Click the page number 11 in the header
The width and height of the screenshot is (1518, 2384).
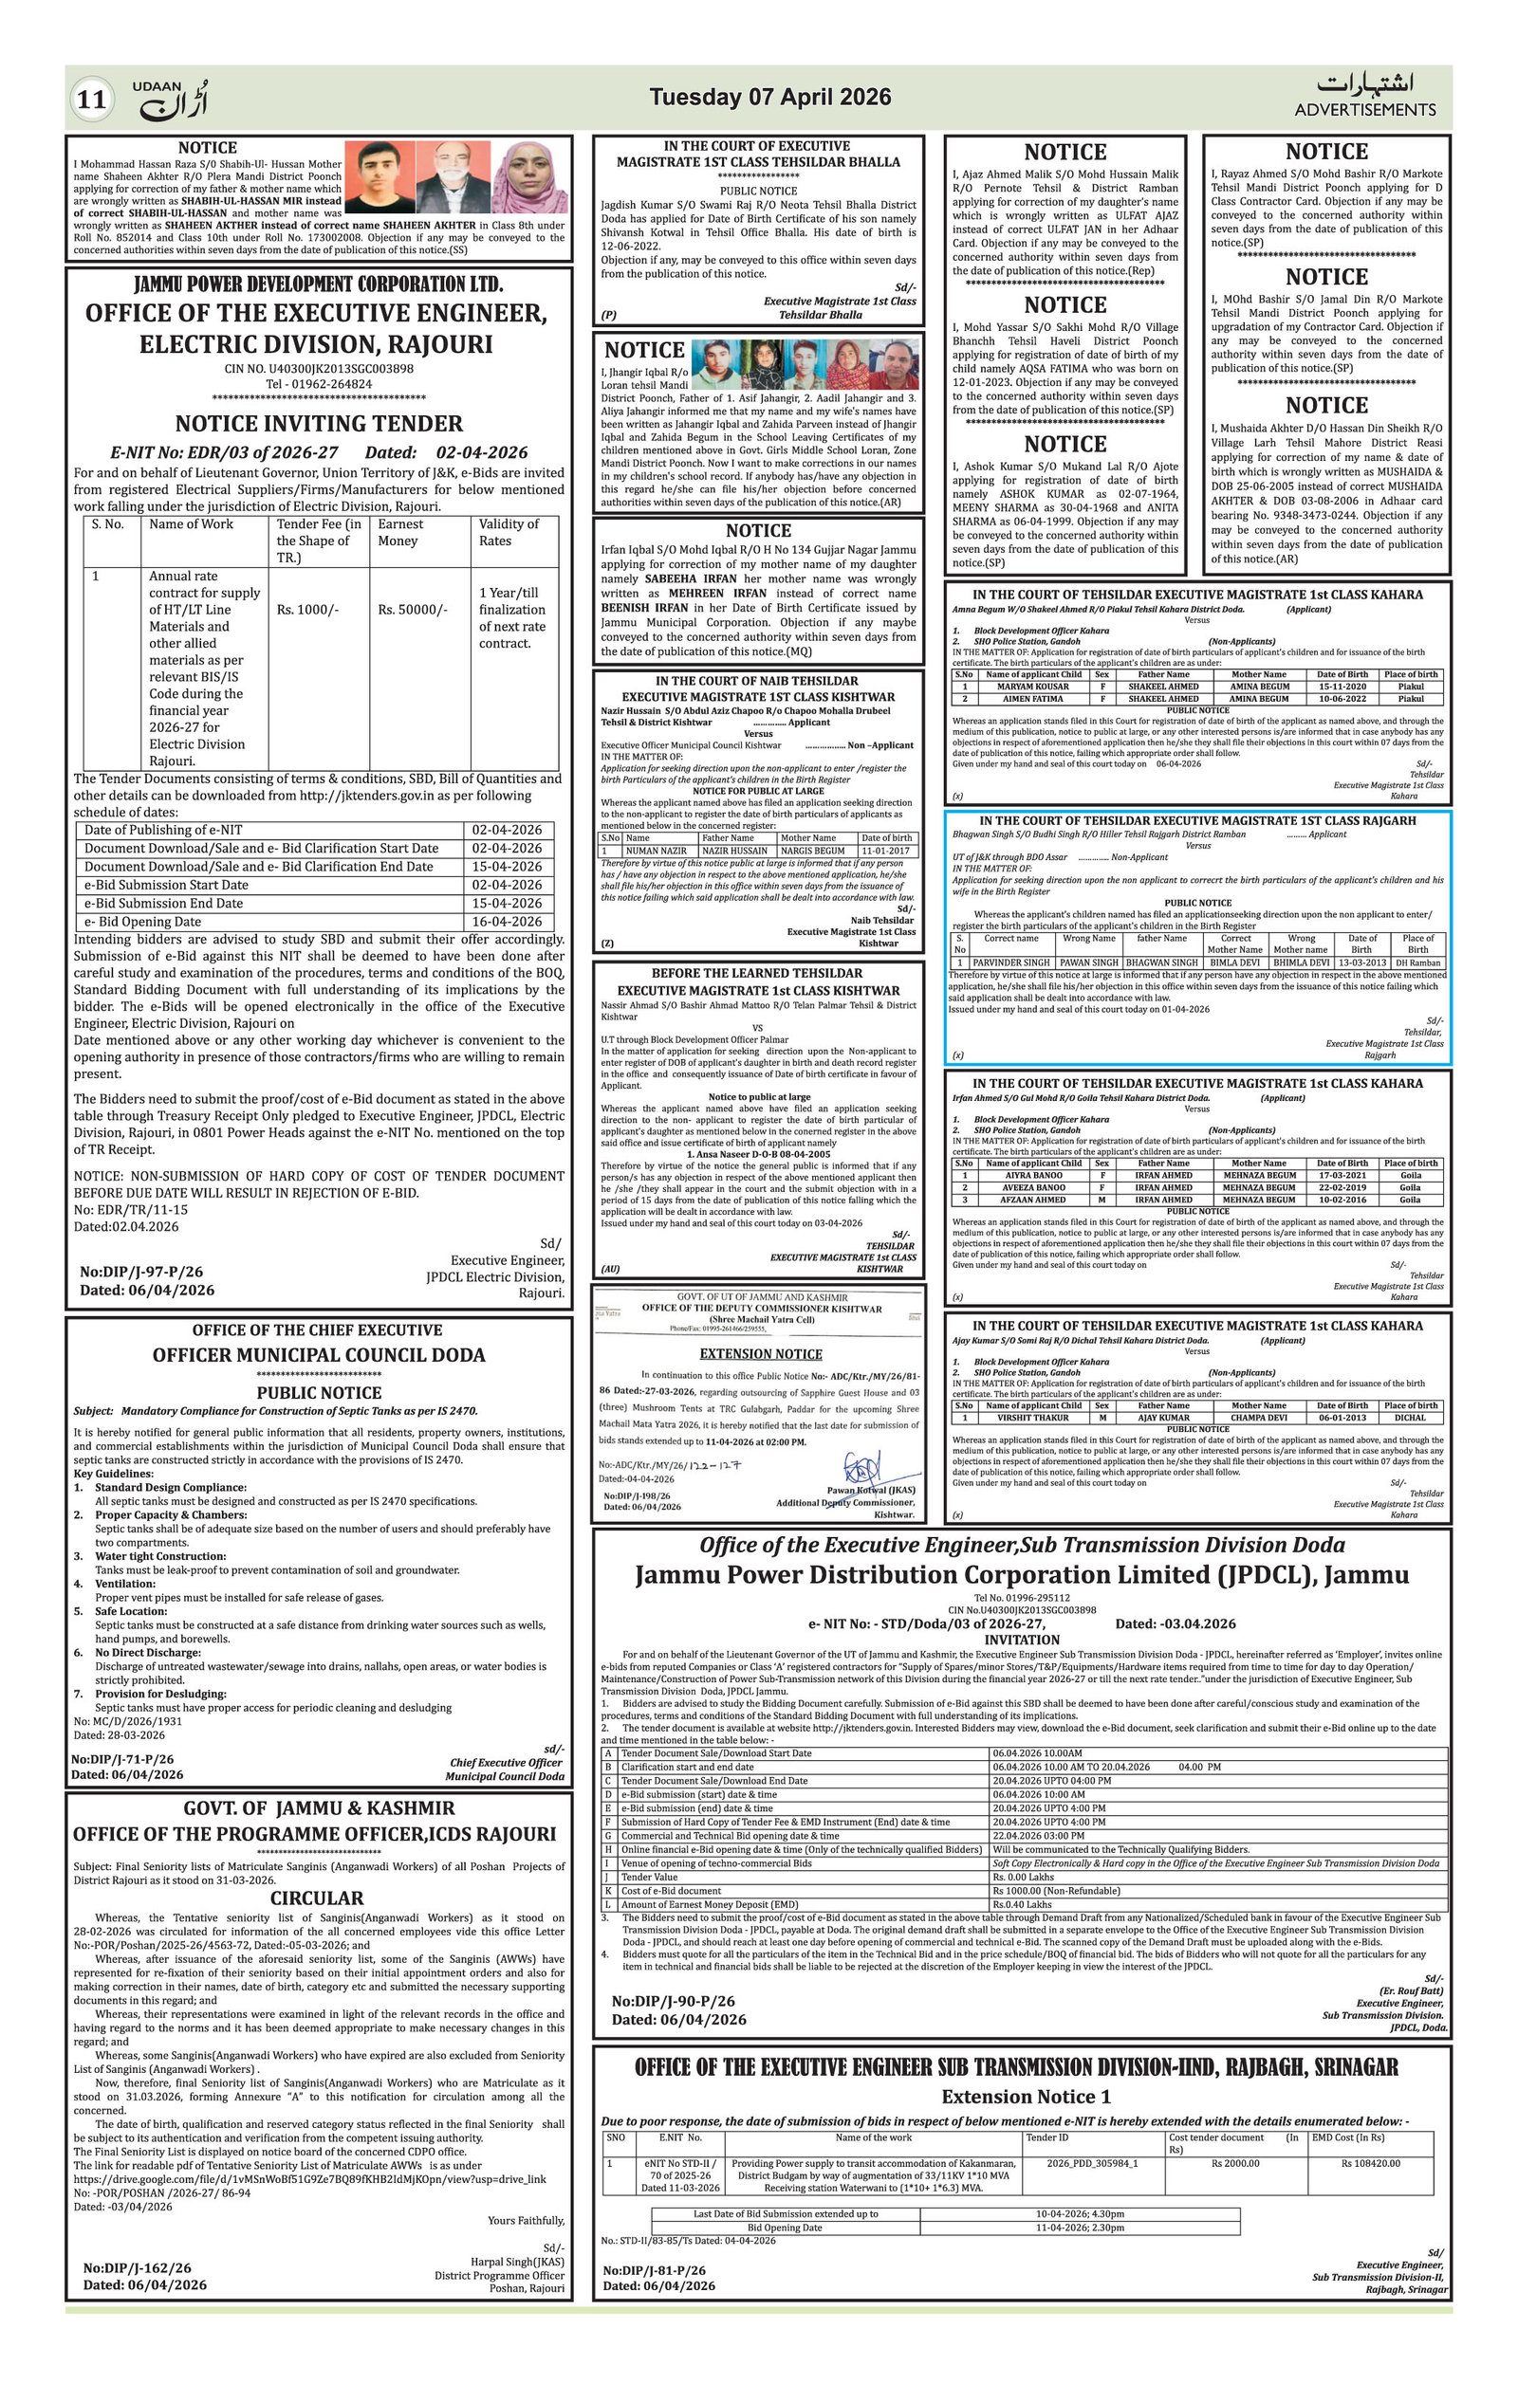click(90, 100)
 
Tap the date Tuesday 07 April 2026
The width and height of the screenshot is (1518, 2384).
click(769, 97)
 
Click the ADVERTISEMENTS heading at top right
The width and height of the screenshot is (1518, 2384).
click(1364, 110)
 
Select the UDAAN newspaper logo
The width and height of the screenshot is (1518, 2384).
click(171, 99)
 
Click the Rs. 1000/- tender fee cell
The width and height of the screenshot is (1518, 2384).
click(308, 610)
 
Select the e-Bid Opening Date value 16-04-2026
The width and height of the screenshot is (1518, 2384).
click(507, 922)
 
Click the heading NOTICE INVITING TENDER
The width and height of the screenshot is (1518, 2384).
click(319, 424)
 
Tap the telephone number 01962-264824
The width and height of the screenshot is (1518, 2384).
click(319, 384)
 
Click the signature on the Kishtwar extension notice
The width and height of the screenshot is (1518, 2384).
click(862, 1466)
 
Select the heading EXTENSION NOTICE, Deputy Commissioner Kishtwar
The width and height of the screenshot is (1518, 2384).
click(761, 1354)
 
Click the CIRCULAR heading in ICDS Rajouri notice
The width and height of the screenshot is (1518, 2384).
click(317, 1898)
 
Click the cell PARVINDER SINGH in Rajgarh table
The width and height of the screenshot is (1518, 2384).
click(1010, 963)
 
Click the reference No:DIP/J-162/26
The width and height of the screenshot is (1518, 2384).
click(137, 2316)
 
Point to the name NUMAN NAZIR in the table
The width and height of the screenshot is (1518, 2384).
click(656, 851)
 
